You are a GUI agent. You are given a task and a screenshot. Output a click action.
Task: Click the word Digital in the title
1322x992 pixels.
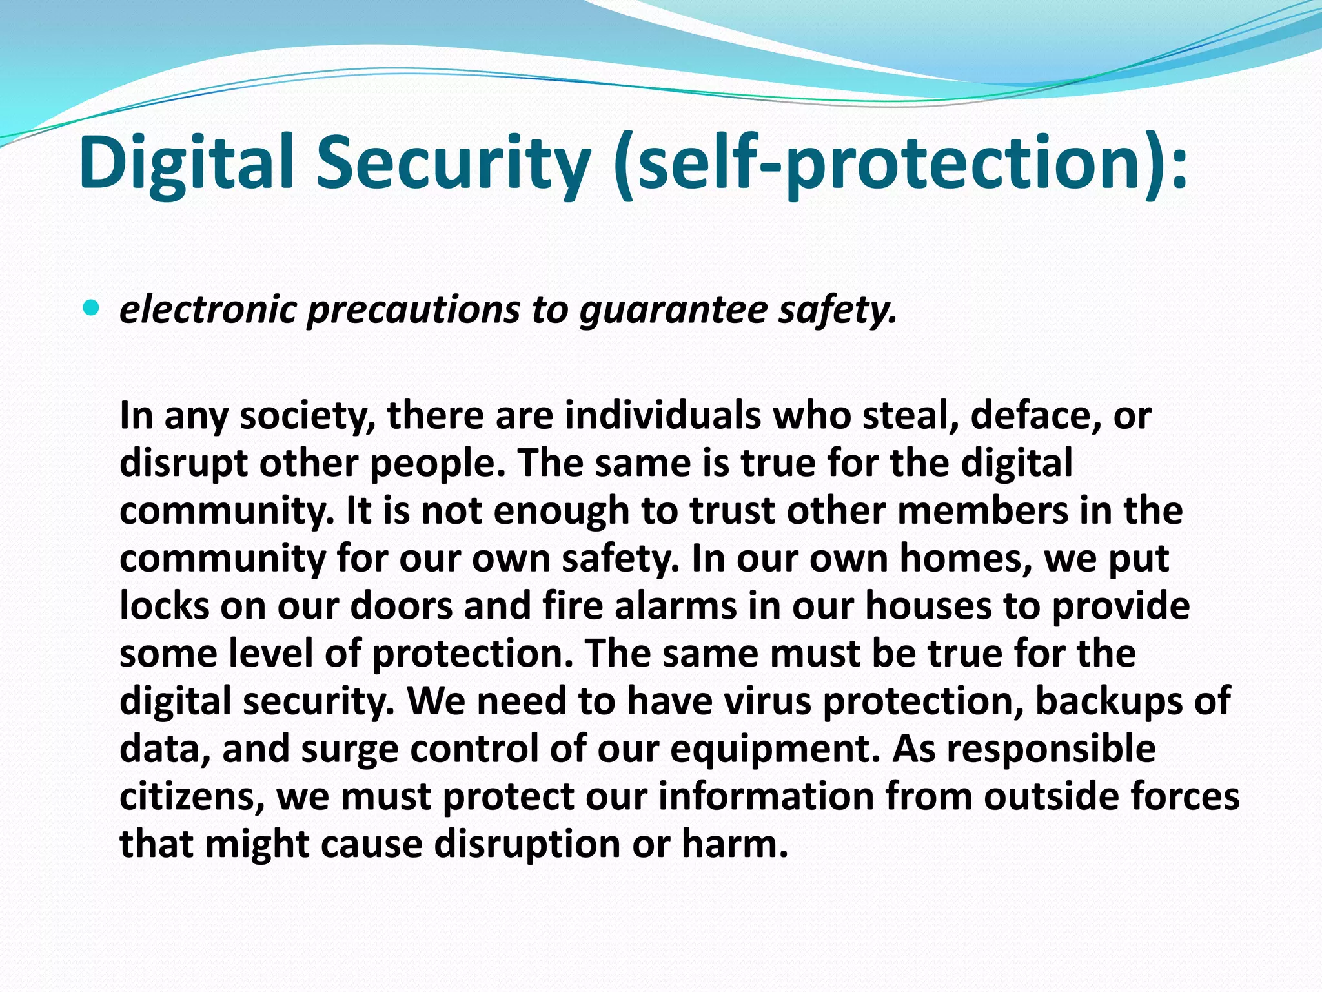[187, 163]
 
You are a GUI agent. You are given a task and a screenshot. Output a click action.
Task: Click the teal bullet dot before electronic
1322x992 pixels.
[92, 309]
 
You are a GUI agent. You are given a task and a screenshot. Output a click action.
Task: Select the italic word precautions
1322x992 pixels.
[413, 309]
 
